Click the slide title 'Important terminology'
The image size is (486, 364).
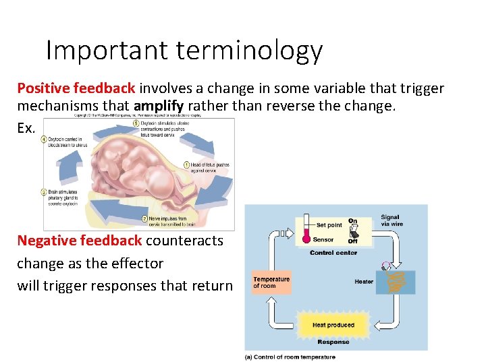pyautogui.click(x=184, y=51)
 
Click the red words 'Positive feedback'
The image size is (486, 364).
pyautogui.click(x=76, y=88)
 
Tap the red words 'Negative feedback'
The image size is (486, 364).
pyautogui.click(x=79, y=241)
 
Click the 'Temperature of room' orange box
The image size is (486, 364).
pyautogui.click(x=271, y=282)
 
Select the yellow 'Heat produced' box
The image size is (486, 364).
pyautogui.click(x=333, y=325)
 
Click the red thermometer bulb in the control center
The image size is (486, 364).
pyautogui.click(x=306, y=239)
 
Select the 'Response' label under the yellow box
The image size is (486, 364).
pyautogui.click(x=333, y=342)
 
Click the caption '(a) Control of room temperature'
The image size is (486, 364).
pyautogui.click(x=290, y=357)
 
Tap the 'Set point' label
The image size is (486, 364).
pyautogui.click(x=329, y=225)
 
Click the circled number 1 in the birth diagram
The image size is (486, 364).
pyautogui.click(x=186, y=165)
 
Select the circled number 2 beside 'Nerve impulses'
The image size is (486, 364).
pyautogui.click(x=144, y=218)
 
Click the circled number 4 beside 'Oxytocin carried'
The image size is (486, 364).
pyautogui.click(x=44, y=140)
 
